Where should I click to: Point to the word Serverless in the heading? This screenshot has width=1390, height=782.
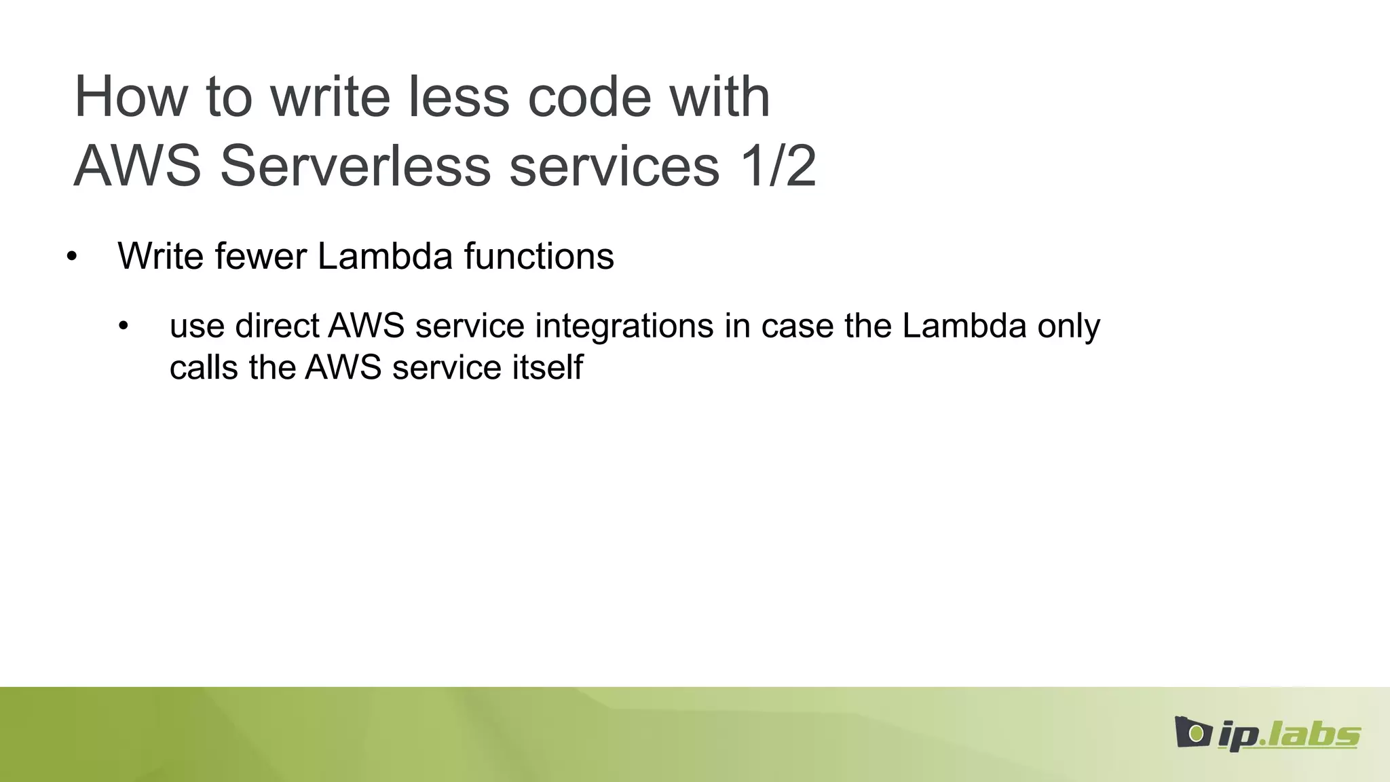pyautogui.click(x=355, y=166)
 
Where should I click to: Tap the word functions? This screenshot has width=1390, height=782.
pyautogui.click(x=539, y=257)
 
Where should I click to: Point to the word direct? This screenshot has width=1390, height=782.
pyautogui.click(x=277, y=326)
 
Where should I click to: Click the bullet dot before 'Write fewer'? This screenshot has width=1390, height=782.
pyautogui.click(x=73, y=257)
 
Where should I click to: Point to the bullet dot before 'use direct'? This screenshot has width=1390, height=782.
pyautogui.click(x=123, y=327)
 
